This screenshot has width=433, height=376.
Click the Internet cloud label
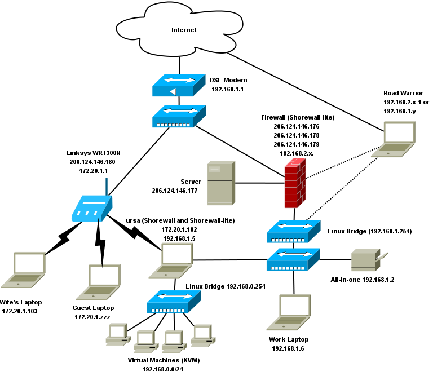(x=184, y=30)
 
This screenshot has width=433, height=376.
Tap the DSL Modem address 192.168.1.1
(x=227, y=89)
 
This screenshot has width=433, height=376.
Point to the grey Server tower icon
(x=220, y=183)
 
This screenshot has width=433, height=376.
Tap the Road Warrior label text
(x=403, y=93)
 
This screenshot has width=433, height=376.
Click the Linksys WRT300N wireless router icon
(x=91, y=208)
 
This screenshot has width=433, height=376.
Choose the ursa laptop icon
(x=171, y=262)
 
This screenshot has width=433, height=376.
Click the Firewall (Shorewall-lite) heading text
(x=298, y=117)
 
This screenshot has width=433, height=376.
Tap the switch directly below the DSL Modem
(x=178, y=115)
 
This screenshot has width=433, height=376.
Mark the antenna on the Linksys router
(x=107, y=186)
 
